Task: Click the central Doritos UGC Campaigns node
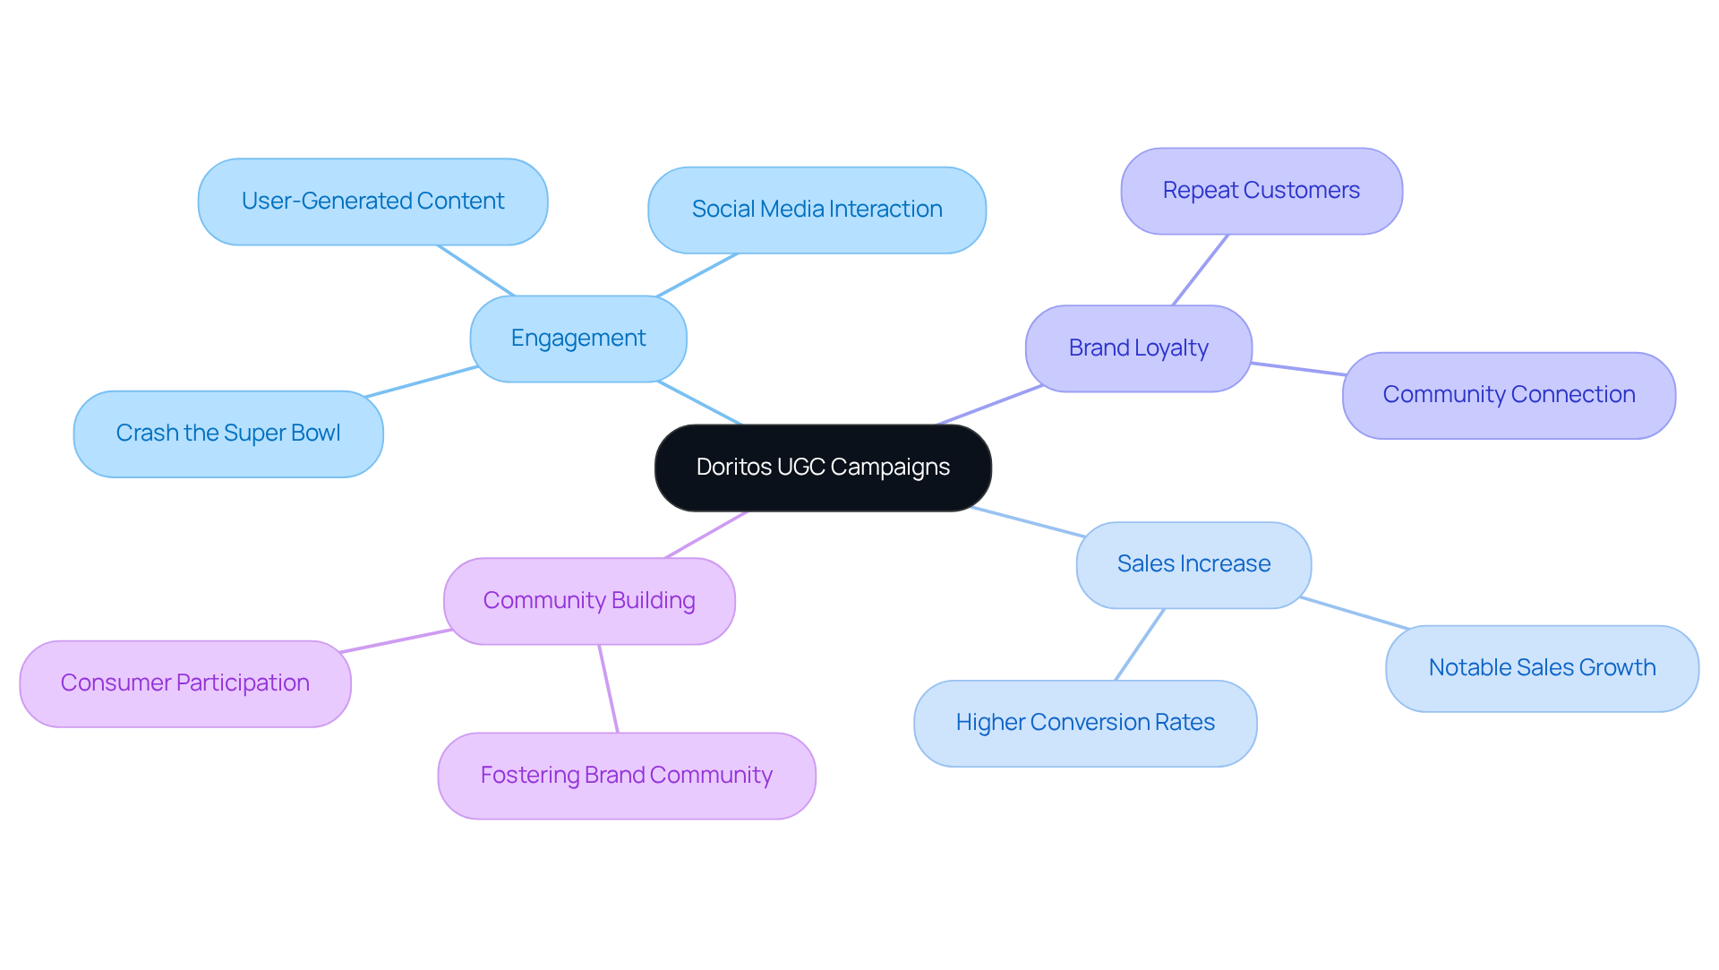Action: (823, 468)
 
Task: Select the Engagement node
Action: (578, 339)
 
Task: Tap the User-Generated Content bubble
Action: (372, 202)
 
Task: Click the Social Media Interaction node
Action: (817, 210)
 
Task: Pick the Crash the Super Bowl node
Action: (228, 433)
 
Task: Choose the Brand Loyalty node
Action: (1138, 348)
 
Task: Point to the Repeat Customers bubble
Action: (1261, 191)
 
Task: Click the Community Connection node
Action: (1509, 395)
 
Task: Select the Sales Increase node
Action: (1193, 564)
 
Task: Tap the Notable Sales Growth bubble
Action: (1542, 668)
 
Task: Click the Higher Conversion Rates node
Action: (1085, 723)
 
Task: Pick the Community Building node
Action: (589, 601)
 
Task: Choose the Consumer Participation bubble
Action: (185, 683)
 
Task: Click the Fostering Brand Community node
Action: (627, 776)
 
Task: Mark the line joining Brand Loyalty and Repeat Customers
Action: (1201, 270)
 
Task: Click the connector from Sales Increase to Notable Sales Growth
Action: (1354, 613)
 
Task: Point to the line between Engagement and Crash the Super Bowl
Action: (421, 382)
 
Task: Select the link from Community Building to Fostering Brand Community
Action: (609, 689)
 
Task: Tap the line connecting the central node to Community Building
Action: (706, 535)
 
